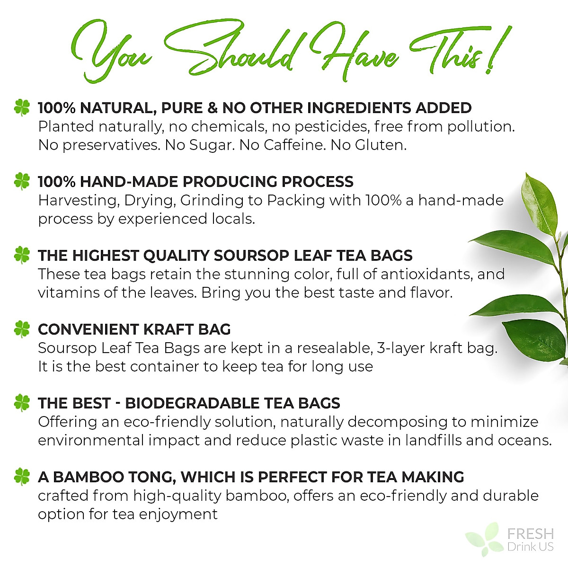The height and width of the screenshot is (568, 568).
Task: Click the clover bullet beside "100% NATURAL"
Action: pos(22,107)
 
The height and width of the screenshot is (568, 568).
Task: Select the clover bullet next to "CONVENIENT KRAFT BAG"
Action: pos(22,329)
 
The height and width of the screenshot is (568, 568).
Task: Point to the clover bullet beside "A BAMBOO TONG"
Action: pos(22,477)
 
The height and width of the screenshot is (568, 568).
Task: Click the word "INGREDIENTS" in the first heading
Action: pos(360,108)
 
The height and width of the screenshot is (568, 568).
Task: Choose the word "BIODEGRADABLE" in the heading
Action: pos(192,403)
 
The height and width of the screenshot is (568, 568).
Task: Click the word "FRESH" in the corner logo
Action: pos(530,534)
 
